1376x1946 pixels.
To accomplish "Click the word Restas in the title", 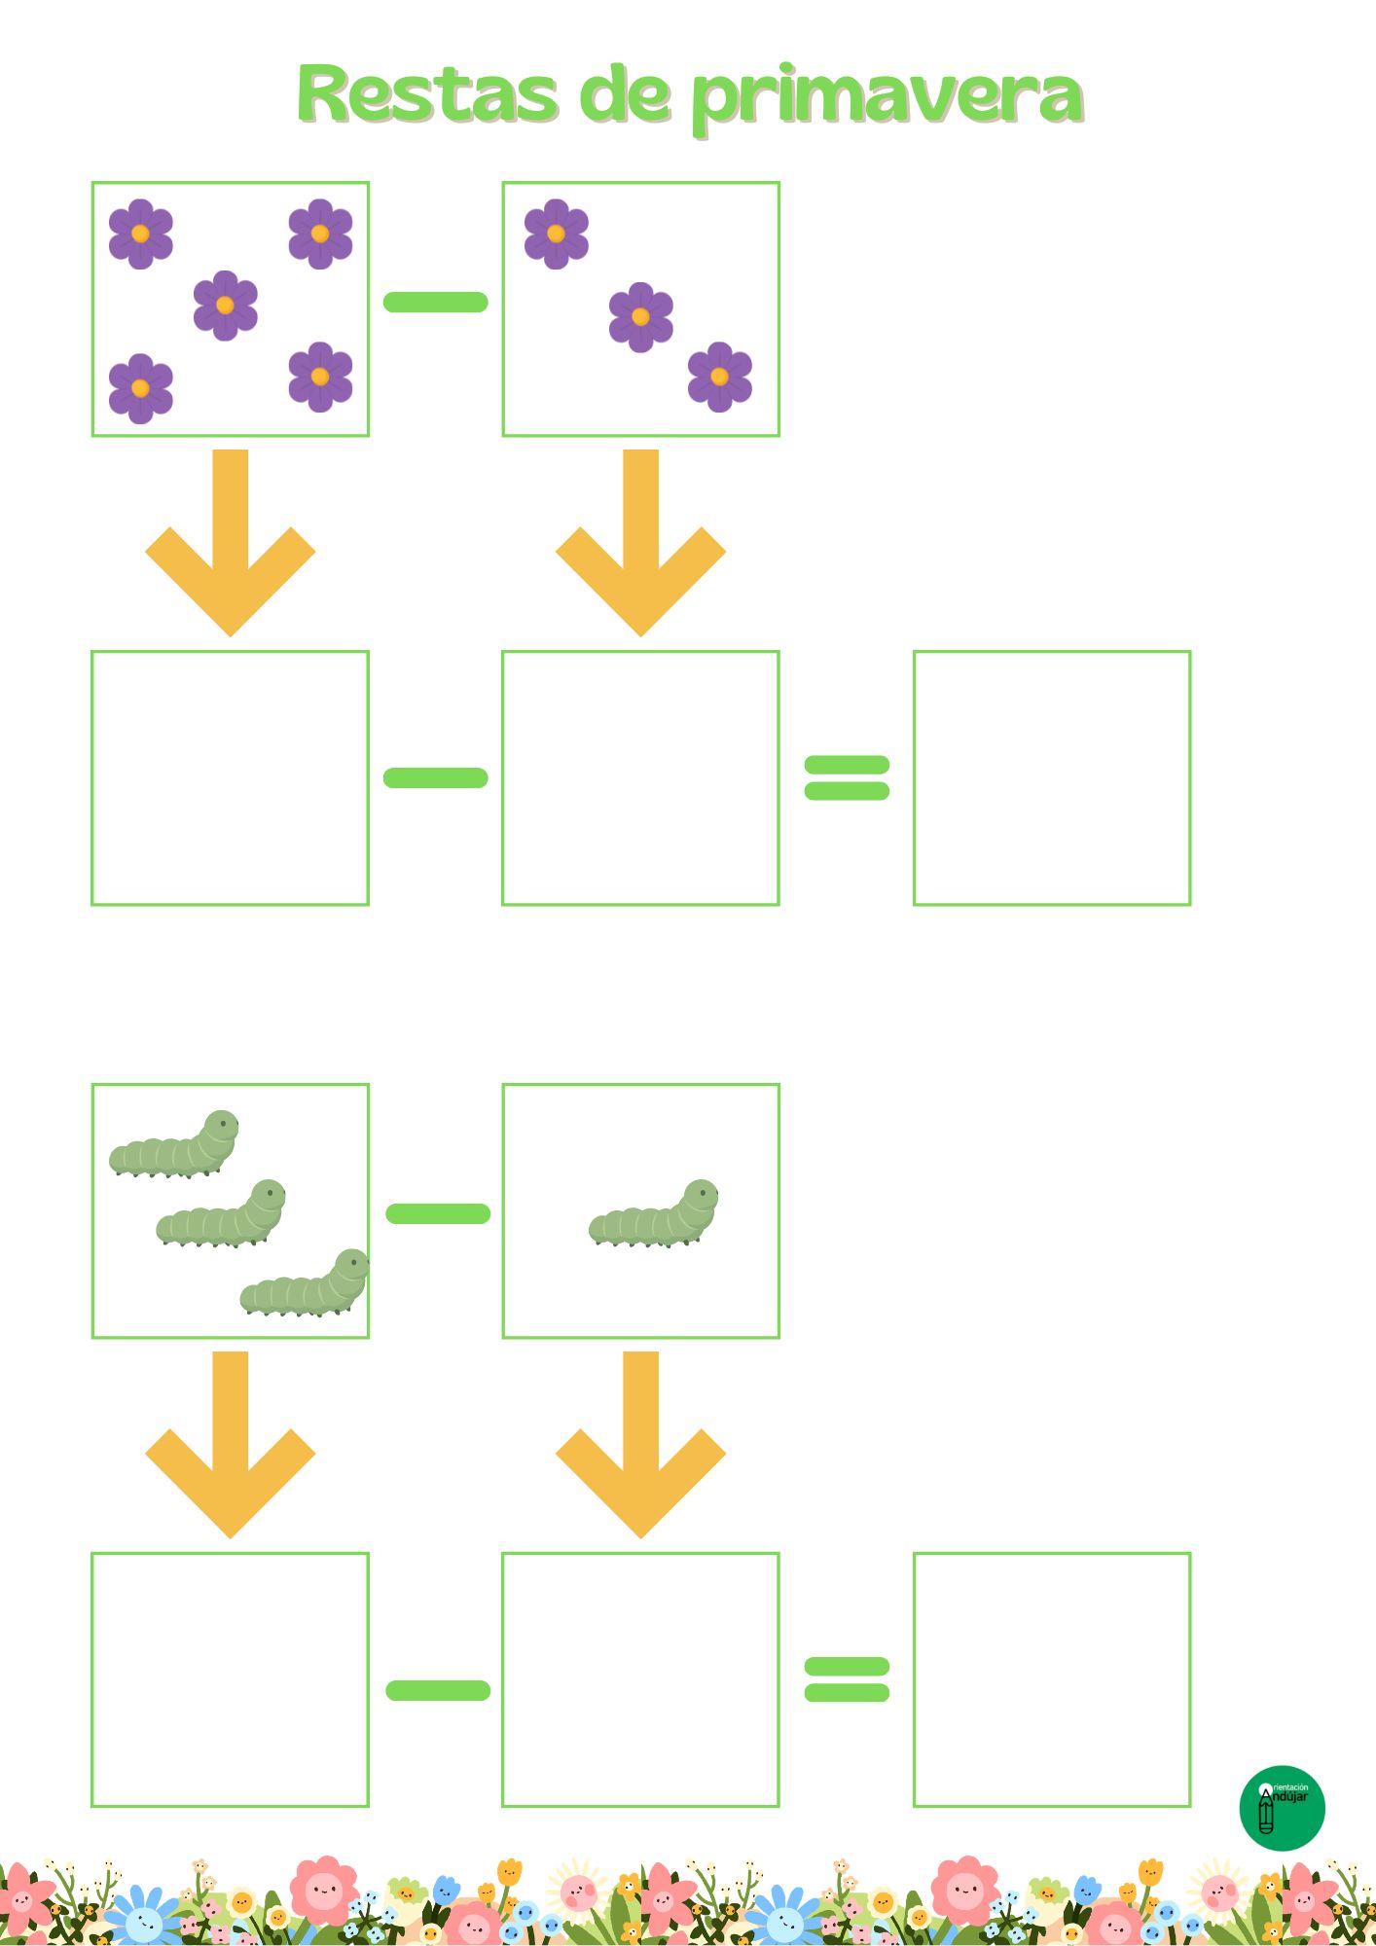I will tap(428, 95).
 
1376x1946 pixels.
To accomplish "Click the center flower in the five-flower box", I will tap(225, 306).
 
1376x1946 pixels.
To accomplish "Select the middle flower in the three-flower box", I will tap(640, 316).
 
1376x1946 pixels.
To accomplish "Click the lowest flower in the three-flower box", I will tap(719, 377).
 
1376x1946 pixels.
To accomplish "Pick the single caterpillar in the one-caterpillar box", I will tap(653, 1214).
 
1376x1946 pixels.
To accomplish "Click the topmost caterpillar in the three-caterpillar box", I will tap(174, 1143).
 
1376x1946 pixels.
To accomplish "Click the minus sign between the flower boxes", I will tap(435, 302).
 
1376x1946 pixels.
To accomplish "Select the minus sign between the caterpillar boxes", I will tap(438, 1213).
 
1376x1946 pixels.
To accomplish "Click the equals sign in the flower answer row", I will tap(847, 777).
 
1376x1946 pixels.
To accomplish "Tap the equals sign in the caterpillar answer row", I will tap(847, 1679).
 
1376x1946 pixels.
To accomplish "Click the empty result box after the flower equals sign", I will tap(1051, 777).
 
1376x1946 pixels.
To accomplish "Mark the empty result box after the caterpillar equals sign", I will tap(1051, 1679).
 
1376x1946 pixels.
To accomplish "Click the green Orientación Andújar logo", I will tap(1282, 1808).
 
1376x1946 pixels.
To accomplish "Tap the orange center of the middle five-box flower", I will tap(225, 306).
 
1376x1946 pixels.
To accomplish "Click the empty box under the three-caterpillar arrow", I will tap(231, 1679).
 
